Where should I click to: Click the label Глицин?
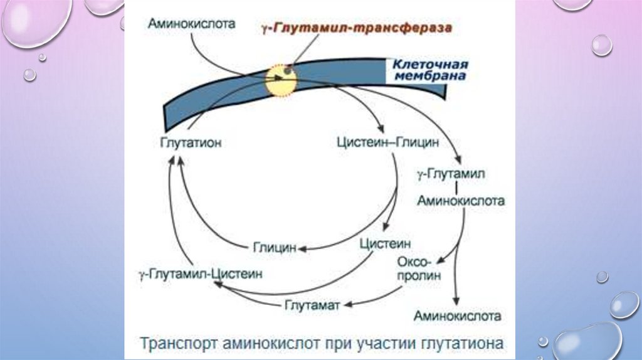point(275,248)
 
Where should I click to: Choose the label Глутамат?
point(312,305)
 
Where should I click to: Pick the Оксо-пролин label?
point(419,268)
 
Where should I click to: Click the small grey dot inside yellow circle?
point(287,71)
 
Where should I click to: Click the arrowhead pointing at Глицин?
point(302,249)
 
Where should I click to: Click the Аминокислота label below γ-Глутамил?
point(461,201)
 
